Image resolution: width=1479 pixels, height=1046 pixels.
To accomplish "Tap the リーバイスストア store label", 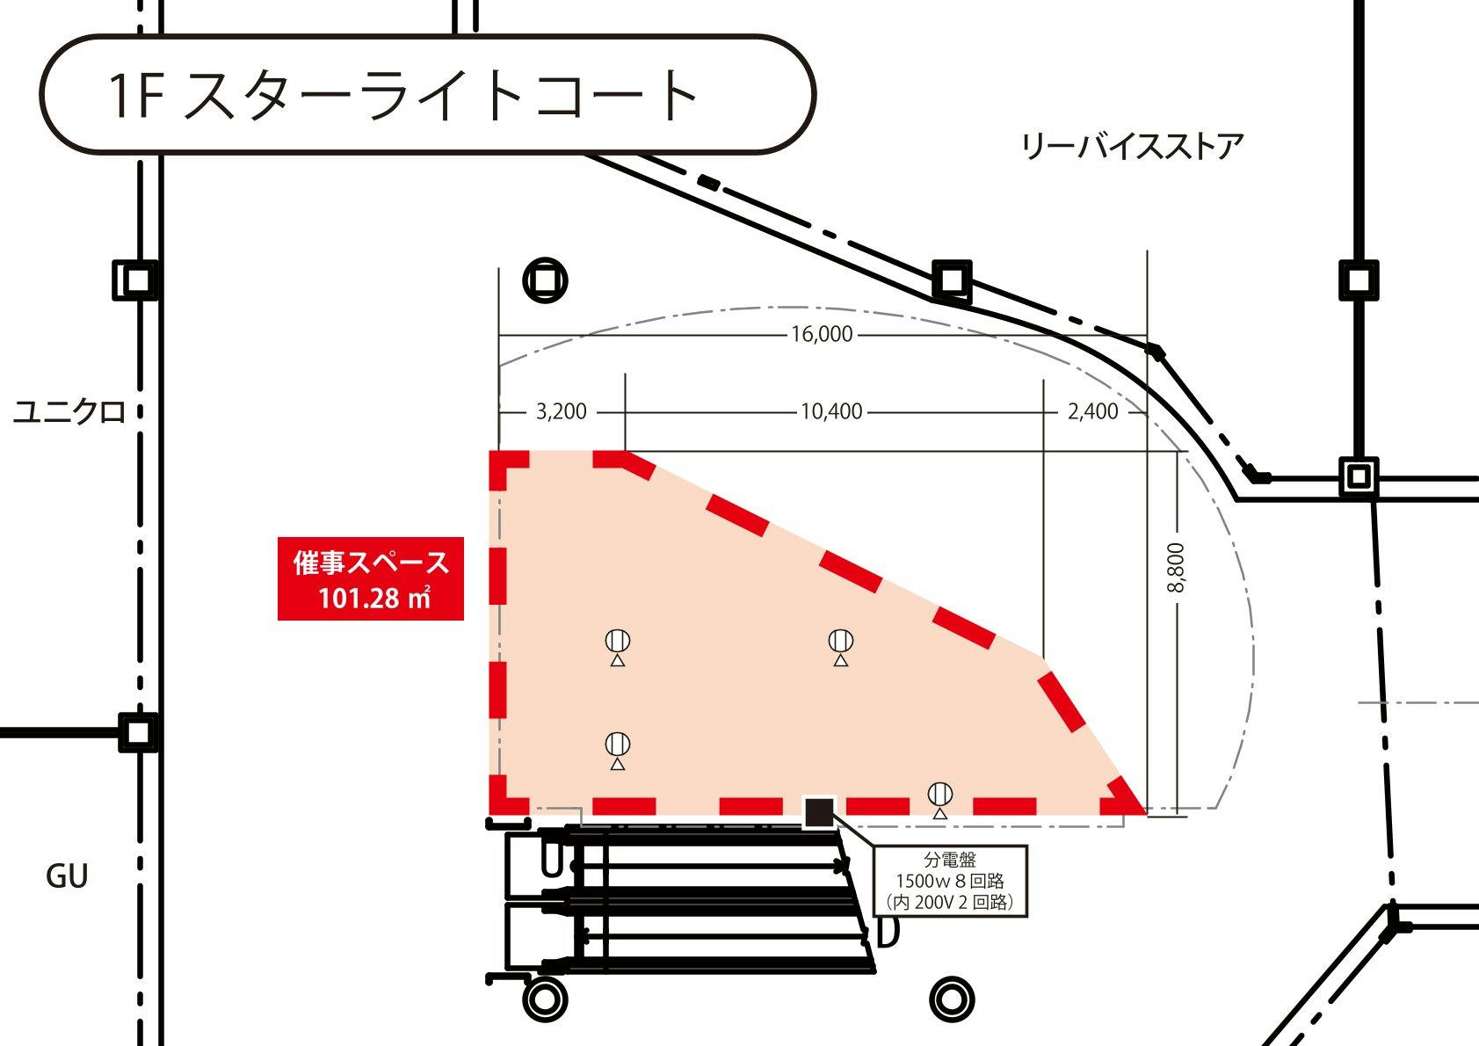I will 1132,146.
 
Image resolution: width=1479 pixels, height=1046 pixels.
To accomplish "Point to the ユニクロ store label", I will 69,411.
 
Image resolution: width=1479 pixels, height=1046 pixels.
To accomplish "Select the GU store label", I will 67,876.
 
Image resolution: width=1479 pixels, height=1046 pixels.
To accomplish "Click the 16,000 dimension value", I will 822,334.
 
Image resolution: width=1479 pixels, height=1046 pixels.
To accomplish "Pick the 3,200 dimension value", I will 561,411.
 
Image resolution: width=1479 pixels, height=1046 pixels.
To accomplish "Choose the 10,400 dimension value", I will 831,411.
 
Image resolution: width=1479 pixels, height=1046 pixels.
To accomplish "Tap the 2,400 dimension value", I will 1092,411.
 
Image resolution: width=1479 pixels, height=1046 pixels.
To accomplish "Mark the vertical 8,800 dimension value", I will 1178,567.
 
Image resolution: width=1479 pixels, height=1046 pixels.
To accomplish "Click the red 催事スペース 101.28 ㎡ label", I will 371,578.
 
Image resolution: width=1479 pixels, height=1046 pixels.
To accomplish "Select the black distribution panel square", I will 819,811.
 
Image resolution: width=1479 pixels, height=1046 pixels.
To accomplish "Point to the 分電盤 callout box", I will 950,881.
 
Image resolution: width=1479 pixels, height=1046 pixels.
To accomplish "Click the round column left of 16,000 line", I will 545,280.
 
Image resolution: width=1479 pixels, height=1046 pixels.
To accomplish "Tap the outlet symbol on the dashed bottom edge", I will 940,797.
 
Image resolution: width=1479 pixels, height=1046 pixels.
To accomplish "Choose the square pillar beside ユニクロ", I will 136,280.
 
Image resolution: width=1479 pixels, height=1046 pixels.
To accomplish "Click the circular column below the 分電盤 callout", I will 952,998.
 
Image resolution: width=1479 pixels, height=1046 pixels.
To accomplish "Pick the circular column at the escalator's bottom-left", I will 545,998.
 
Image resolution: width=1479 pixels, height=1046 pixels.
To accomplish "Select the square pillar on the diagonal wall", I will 951,280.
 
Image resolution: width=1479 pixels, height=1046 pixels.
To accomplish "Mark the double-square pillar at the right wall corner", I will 1359,476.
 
